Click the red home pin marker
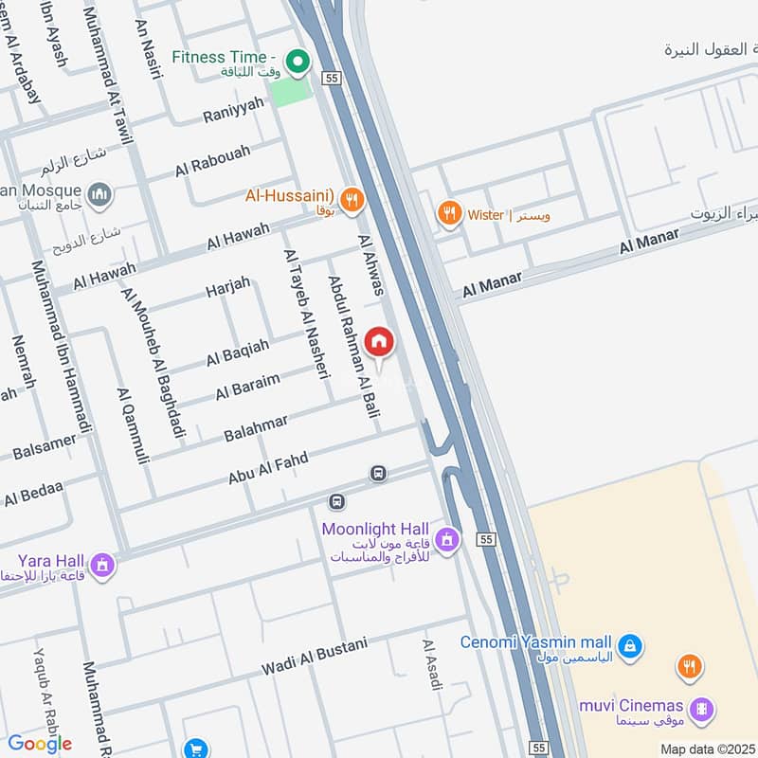tap(379, 342)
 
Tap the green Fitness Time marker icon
tap(298, 63)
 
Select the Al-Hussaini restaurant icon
tap(352, 199)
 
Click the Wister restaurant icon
tap(449, 214)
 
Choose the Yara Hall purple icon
tap(102, 567)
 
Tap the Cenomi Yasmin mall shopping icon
tap(631, 648)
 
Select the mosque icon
tap(99, 196)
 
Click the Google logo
tap(40, 743)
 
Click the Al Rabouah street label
tap(212, 160)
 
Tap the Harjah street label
tap(228, 286)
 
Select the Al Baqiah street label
tap(237, 352)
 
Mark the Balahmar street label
tap(256, 427)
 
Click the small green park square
tap(290, 92)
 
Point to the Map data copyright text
tap(707, 749)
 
